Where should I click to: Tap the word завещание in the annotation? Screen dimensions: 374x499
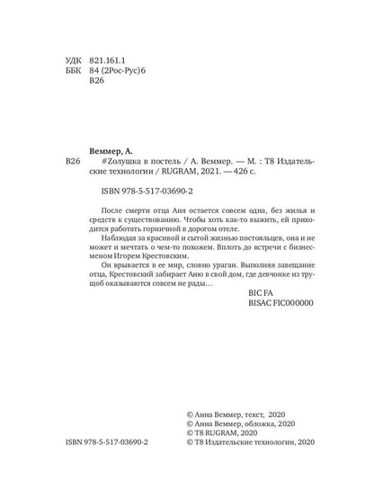point(293,309)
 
